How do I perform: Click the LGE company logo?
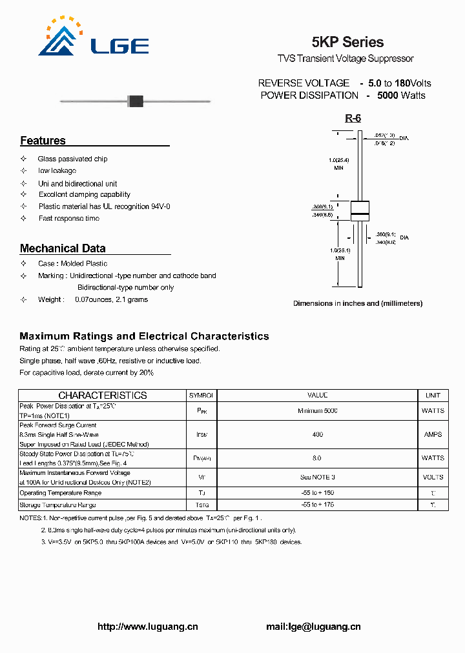(93, 39)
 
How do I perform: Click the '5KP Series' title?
(347, 43)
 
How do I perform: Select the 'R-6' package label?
(353, 118)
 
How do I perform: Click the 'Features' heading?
(43, 141)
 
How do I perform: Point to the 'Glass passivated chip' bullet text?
(72, 159)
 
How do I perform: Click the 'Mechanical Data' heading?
(63, 248)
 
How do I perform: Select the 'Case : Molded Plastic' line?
(72, 264)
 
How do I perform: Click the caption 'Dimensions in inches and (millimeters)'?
(358, 303)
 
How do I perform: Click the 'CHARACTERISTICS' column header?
(103, 395)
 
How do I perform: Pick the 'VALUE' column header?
(317, 395)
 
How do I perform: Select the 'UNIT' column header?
(433, 395)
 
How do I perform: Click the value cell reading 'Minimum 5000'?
(317, 411)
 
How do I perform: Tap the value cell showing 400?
(317, 435)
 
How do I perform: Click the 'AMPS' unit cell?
(433, 435)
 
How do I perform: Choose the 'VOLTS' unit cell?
(433, 477)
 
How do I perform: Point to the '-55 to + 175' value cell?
(317, 505)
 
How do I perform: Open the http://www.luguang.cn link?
(147, 627)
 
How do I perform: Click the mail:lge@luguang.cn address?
(313, 627)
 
